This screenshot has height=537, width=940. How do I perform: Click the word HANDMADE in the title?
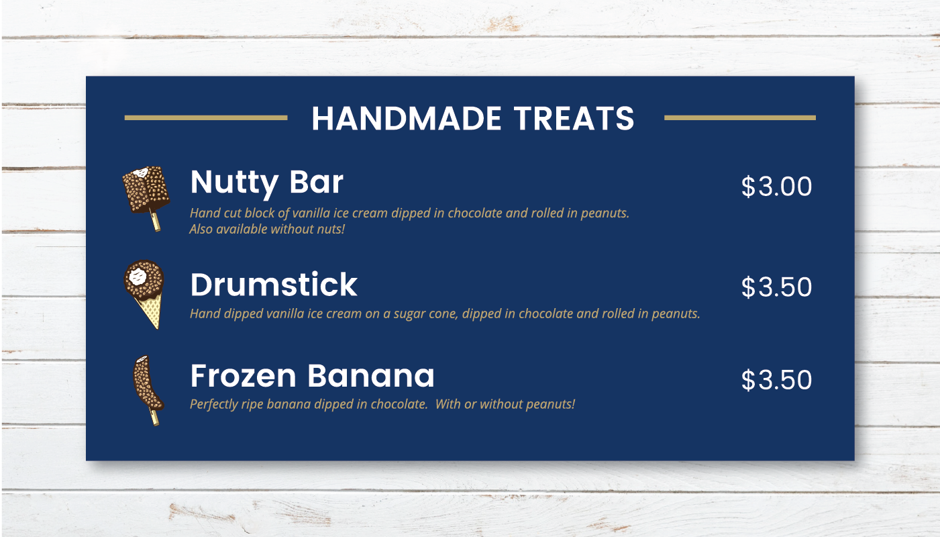click(x=406, y=118)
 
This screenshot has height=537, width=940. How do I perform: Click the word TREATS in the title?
click(x=574, y=118)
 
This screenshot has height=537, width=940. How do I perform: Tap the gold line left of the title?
click(x=206, y=117)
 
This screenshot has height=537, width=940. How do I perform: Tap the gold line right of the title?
click(x=740, y=117)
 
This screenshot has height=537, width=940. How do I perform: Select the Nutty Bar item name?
click(x=267, y=183)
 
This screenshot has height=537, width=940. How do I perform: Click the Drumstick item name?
click(x=274, y=284)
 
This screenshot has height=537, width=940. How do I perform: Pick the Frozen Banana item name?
click(x=312, y=375)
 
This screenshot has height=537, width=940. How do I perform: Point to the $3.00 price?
click(x=776, y=187)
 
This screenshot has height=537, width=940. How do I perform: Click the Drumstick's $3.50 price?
click(x=776, y=287)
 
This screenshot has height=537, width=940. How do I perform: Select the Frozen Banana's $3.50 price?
click(x=776, y=380)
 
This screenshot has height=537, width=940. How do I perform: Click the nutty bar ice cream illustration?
click(x=146, y=198)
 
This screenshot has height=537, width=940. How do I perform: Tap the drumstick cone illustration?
click(x=144, y=294)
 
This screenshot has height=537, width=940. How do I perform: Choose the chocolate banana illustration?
click(x=148, y=391)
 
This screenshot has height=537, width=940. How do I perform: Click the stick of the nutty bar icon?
click(x=155, y=222)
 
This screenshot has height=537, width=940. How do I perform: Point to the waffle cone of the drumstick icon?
click(x=150, y=311)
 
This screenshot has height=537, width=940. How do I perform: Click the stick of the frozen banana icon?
click(x=155, y=418)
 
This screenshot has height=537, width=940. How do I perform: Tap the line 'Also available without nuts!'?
click(x=267, y=230)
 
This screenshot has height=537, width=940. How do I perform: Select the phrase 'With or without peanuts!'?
click(x=505, y=404)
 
